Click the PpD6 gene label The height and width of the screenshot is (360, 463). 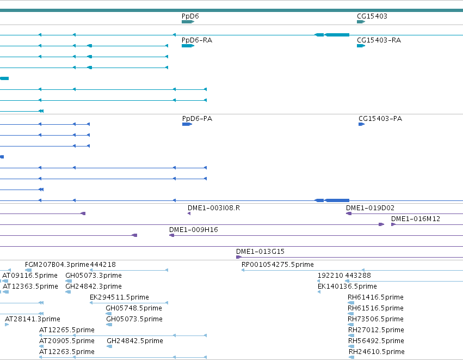click(190, 16)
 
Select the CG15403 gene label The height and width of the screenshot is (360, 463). click(372, 16)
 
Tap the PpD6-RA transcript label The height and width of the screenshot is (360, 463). click(197, 40)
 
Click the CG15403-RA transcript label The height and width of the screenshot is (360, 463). click(379, 40)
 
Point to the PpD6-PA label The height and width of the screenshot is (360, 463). click(197, 119)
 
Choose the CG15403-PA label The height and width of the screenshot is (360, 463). click(380, 119)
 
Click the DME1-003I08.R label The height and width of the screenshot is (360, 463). click(214, 208)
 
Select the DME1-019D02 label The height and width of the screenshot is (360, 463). click(371, 208)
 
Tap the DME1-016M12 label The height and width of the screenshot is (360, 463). click(416, 219)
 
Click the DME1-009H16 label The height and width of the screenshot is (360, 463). click(193, 230)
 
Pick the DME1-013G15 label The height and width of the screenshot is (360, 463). click(260, 252)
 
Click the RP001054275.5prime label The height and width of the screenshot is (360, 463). click(277, 265)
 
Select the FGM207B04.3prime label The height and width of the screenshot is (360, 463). click(57, 265)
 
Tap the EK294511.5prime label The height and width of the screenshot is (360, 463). click(119, 297)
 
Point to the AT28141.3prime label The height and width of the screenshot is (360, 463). click(33, 319)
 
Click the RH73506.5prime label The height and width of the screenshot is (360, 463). click(375, 319)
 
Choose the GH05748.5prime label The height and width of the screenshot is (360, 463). click(134, 308)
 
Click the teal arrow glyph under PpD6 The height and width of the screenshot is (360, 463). click(188, 22)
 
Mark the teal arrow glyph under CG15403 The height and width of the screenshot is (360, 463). click(361, 22)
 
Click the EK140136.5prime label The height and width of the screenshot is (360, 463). click(347, 286)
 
